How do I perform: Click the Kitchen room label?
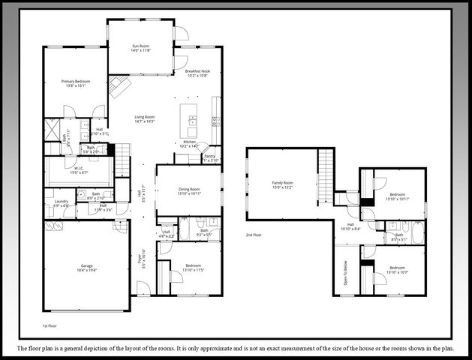coord(191,142)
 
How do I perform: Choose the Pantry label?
coord(209,157)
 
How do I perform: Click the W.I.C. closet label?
coord(79,169)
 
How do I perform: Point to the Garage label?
coord(87,266)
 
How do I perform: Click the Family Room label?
coord(282,184)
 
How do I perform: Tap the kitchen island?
coord(192,121)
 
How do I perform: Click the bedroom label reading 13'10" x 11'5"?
coord(194,268)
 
